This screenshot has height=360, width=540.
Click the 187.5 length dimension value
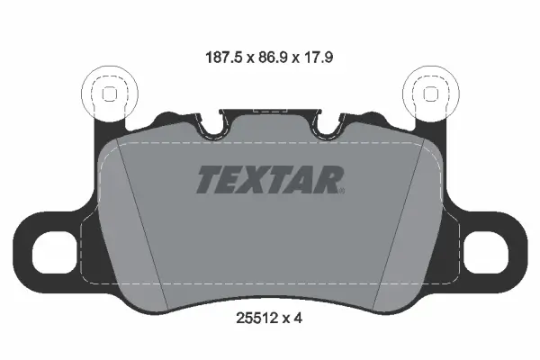(224, 58)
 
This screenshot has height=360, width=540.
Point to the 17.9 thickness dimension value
(317, 58)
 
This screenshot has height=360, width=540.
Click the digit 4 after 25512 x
(298, 319)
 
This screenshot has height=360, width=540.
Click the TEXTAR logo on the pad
(270, 179)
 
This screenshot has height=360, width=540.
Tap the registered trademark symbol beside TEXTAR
(342, 191)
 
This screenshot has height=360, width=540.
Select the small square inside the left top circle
(110, 94)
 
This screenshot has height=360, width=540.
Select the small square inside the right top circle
(430, 94)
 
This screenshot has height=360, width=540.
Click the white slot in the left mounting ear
(54, 252)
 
